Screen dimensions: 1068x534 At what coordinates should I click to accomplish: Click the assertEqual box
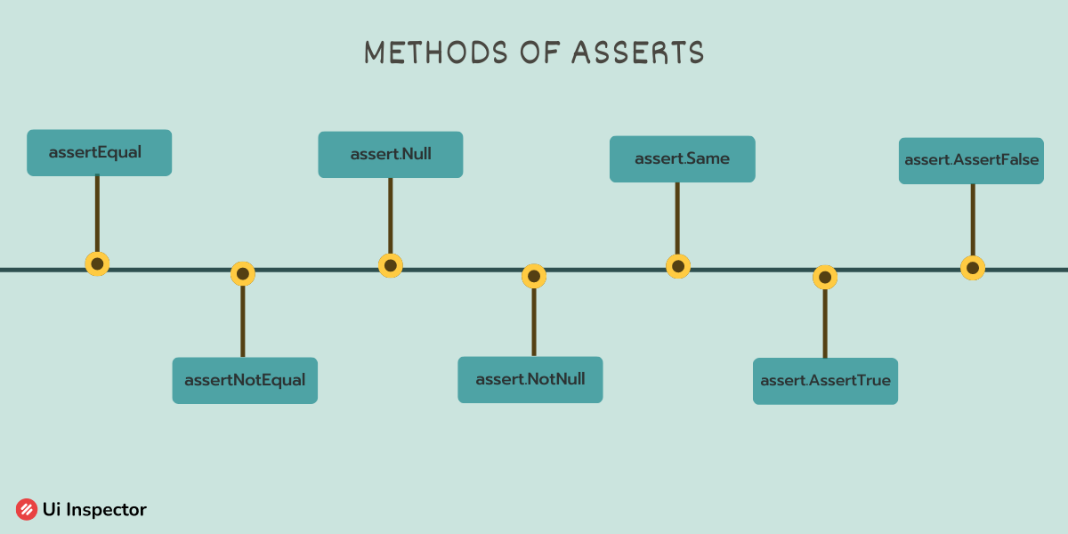click(x=99, y=152)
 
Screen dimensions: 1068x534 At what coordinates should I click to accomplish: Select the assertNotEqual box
click(x=245, y=381)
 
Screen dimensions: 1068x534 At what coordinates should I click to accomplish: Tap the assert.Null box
click(x=391, y=155)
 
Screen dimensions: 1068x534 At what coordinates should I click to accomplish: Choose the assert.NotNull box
click(x=530, y=379)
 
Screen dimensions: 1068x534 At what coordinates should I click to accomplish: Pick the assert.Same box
click(x=683, y=158)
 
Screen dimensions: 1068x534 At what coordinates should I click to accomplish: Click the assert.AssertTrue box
click(x=825, y=381)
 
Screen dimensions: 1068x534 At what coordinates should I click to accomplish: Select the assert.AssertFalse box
click(x=971, y=161)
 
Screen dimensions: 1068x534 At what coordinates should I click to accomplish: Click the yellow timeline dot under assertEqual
click(x=97, y=263)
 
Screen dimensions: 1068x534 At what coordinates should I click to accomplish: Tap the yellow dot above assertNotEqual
click(x=243, y=274)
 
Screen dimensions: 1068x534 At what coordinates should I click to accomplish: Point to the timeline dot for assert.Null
click(x=391, y=265)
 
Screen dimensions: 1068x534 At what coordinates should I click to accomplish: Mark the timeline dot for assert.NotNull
click(x=534, y=276)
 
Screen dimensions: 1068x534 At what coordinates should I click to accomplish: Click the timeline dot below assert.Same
click(x=678, y=266)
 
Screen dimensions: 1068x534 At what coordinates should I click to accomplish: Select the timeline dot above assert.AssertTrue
click(x=825, y=277)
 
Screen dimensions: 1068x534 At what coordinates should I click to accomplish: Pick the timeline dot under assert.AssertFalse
click(x=973, y=268)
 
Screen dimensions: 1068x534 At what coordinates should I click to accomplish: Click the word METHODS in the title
click(x=436, y=52)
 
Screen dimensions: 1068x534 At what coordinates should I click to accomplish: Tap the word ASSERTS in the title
click(x=638, y=52)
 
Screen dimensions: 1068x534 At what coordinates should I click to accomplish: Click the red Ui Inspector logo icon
click(x=27, y=509)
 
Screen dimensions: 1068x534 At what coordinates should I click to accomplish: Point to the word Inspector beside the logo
click(x=106, y=510)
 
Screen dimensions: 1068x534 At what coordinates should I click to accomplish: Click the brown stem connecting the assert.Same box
click(x=677, y=218)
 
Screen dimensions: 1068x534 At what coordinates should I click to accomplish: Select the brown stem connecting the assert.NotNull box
click(x=534, y=322)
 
